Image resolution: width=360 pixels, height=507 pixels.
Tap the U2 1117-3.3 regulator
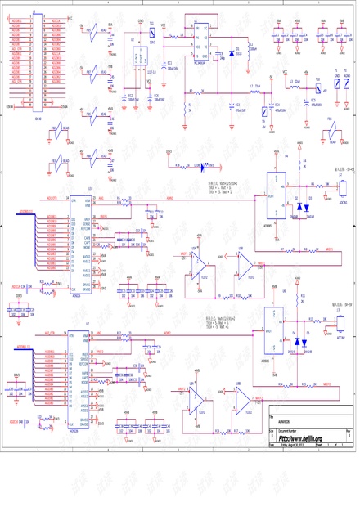coord(136,57)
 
